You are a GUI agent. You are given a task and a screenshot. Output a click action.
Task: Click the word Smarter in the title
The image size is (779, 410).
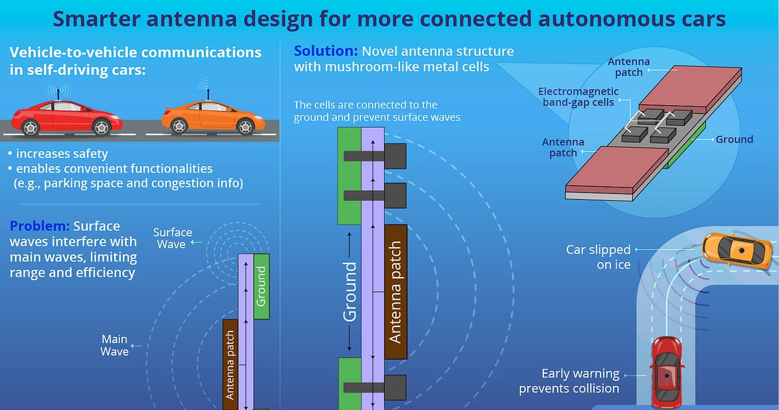[96, 19]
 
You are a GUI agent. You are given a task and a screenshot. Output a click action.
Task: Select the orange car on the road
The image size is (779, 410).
[213, 117]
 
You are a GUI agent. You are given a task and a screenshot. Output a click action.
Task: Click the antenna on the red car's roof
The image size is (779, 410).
[58, 94]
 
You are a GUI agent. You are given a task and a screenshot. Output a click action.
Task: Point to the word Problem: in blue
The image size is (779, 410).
[40, 226]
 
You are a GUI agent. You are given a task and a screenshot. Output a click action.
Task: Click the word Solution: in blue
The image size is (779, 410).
[326, 51]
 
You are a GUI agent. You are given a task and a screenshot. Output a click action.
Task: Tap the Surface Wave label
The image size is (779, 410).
[173, 238]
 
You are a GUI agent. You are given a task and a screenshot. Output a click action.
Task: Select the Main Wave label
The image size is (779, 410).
[114, 345]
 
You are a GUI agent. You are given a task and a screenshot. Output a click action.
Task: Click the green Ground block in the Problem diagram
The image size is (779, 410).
[262, 286]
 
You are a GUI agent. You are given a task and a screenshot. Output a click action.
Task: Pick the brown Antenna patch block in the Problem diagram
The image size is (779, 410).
[230, 365]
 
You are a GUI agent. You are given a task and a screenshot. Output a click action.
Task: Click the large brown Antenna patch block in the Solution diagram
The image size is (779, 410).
[396, 292]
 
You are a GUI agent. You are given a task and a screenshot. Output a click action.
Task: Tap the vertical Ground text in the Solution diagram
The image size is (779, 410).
[350, 292]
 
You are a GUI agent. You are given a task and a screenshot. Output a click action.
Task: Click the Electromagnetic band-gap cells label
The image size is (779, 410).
[578, 97]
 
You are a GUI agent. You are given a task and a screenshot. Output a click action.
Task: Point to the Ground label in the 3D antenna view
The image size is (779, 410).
[734, 139]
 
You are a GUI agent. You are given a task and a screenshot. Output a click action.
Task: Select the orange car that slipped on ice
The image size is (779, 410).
[737, 251]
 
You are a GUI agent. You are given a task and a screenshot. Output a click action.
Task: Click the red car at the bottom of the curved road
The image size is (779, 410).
[666, 373]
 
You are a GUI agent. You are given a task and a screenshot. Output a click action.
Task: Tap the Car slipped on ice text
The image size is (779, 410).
[598, 257]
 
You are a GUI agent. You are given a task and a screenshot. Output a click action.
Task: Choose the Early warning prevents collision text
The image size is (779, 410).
[569, 381]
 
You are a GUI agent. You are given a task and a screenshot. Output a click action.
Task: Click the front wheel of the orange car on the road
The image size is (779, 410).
[245, 127]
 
